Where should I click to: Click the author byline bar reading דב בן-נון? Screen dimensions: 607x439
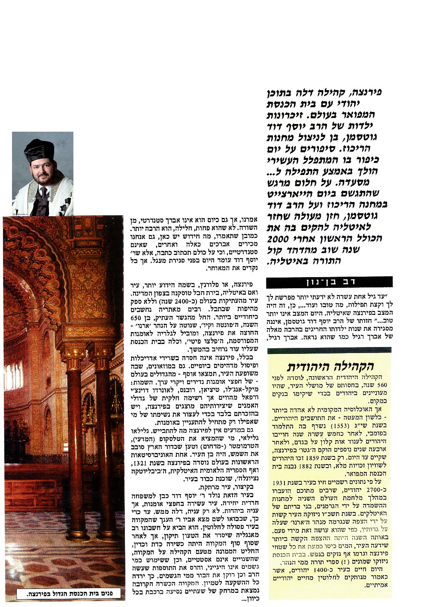pos(329,282)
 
